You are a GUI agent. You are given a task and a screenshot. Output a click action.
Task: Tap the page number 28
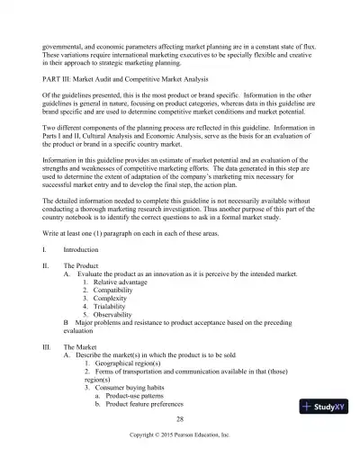point(180,419)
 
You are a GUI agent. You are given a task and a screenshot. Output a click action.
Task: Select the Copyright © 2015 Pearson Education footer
point(180,435)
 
